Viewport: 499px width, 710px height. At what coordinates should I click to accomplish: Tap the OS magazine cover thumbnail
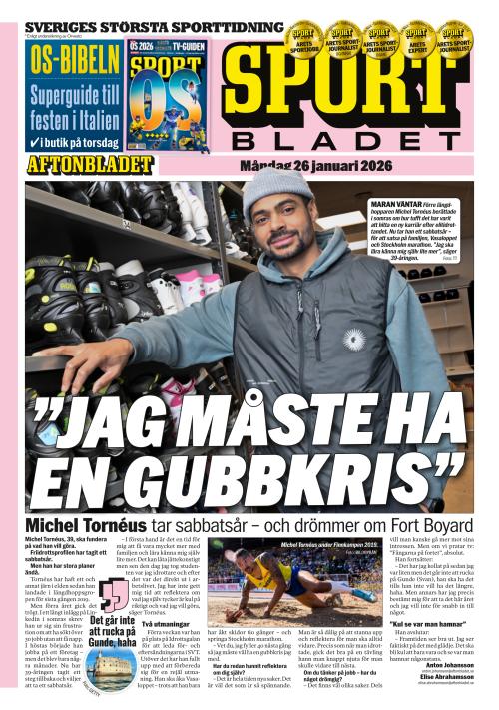[x=167, y=96]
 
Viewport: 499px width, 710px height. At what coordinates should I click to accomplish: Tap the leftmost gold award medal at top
[x=302, y=39]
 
